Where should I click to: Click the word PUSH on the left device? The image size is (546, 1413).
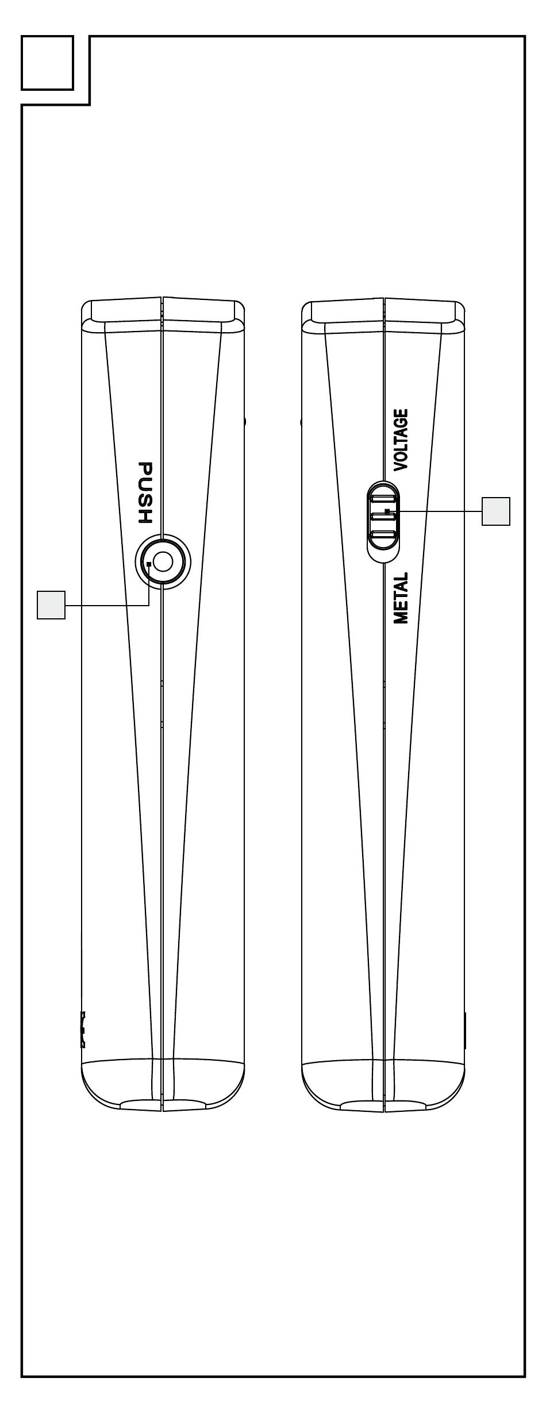145,492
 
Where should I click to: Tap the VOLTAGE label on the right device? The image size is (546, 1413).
401,440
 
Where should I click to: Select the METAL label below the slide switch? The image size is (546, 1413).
401,598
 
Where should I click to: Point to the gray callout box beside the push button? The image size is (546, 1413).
51,605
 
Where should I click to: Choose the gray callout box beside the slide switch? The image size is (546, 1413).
495,511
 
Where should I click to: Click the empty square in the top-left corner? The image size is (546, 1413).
47,63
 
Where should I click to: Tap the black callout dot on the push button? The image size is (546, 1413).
149,565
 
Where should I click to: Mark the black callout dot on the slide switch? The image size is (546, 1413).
387,510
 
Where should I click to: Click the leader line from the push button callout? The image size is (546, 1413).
106,605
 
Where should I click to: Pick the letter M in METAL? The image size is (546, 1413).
401,617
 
